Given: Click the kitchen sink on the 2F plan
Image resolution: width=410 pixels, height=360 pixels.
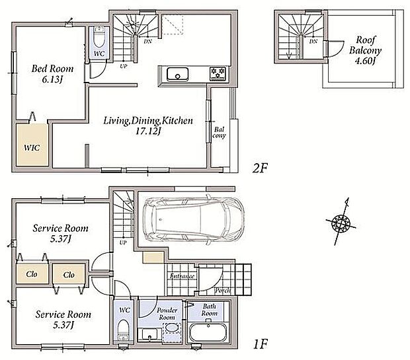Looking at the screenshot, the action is click(177, 74).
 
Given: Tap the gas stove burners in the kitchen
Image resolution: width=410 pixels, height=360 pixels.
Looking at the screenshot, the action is click(218, 73).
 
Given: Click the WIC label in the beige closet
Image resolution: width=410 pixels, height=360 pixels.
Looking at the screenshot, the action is click(32, 148).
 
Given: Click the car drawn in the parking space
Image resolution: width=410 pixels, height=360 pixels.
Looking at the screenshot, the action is click(194, 219).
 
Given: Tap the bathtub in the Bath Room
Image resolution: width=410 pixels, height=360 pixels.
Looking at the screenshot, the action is click(208, 332).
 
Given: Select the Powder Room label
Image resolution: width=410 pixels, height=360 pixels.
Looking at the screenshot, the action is click(167, 314).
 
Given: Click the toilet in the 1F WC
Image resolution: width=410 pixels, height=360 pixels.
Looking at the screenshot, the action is click(122, 330).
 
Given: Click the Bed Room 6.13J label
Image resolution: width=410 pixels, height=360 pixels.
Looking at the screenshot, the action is click(52, 74).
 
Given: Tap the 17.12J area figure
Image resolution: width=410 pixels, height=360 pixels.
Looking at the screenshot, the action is click(147, 131).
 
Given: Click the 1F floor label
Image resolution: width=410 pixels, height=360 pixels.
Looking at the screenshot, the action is click(260, 343).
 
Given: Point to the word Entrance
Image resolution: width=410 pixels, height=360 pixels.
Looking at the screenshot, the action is click(182, 276).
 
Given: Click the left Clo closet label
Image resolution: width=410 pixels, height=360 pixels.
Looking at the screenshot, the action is click(32, 274).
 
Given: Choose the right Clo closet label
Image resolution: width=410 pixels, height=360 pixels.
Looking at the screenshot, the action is click(69, 275).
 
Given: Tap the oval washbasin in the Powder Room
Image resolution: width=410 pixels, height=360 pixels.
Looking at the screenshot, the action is click(171, 328).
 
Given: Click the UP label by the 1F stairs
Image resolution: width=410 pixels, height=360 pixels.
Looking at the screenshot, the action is click(123, 242).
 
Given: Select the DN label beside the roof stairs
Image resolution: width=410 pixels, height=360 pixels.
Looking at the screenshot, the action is click(313, 42).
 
